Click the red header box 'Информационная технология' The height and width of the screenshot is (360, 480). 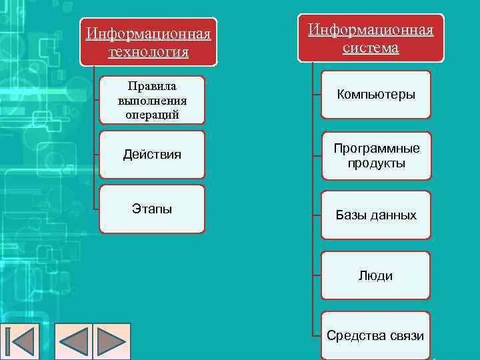tap(149, 41)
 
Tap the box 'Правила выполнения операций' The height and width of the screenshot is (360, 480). tap(152, 100)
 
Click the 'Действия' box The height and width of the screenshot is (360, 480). tap(152, 155)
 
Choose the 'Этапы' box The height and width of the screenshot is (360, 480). tap(152, 209)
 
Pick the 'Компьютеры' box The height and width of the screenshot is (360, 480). tap(376, 95)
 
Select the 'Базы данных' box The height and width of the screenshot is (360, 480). tap(376, 215)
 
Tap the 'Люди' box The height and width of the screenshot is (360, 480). tap(376, 275)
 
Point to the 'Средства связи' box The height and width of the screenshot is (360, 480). tap(376, 335)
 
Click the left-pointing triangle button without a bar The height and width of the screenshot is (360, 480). tap(74, 342)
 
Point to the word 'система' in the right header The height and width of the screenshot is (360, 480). tap(371, 48)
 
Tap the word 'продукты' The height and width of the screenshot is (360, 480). tap(376, 163)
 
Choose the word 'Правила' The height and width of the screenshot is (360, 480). tap(152, 87)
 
